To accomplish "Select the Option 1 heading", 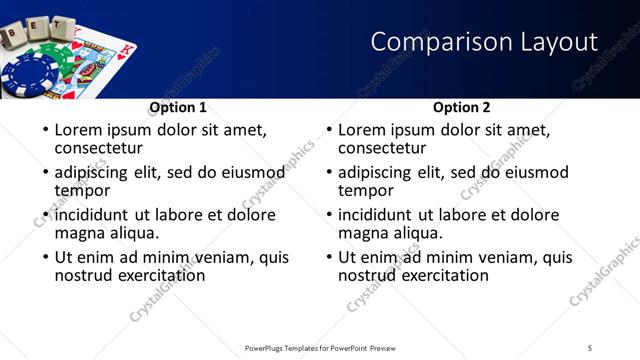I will [178, 107].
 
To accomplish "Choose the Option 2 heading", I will [462, 107].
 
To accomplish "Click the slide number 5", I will [590, 347].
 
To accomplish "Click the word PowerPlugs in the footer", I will [270, 347].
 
